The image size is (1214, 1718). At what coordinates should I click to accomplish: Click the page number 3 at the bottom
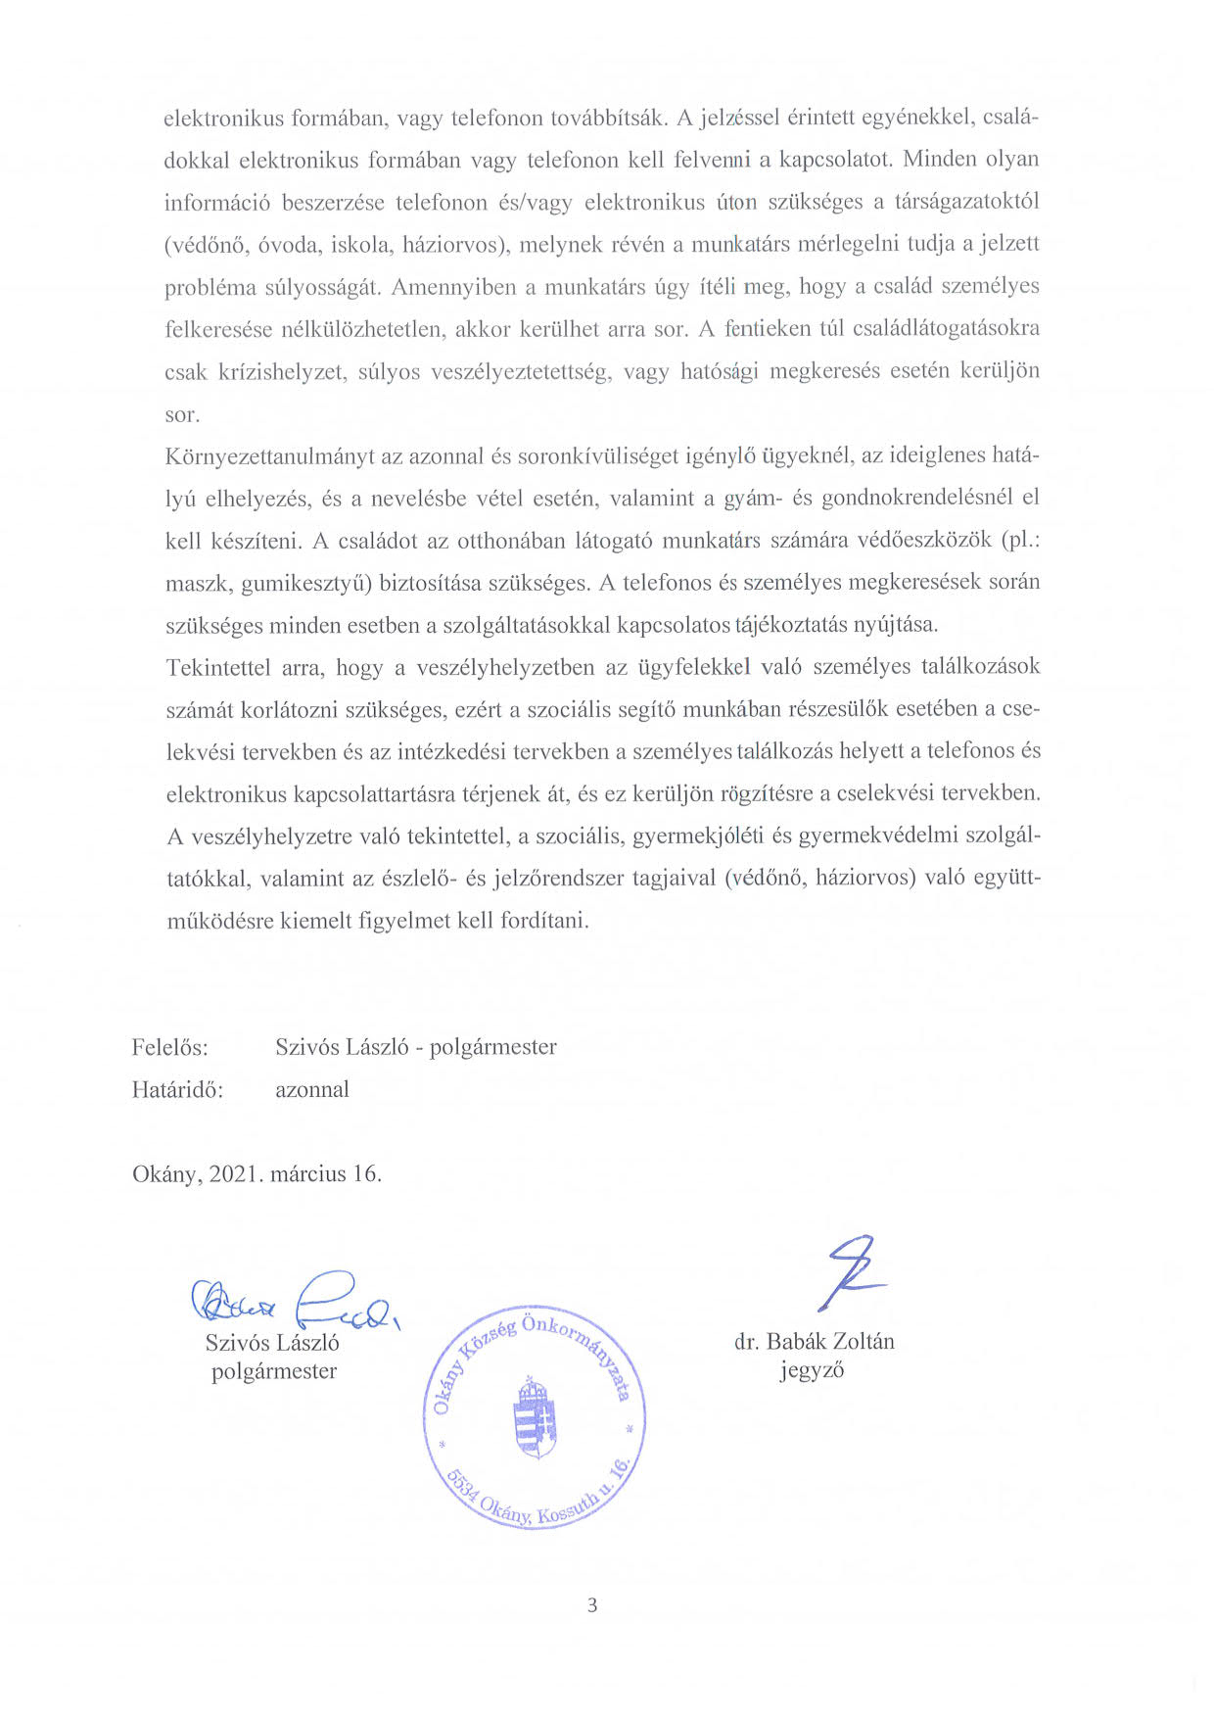[x=591, y=1605]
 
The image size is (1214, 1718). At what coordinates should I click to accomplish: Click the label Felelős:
[x=169, y=1047]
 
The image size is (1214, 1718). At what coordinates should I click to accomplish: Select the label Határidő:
[x=177, y=1090]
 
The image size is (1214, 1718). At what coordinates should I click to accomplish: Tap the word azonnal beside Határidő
[x=311, y=1090]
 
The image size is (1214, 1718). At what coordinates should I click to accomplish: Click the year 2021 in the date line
[x=231, y=1173]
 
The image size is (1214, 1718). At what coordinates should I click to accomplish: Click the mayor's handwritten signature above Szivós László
[x=294, y=1300]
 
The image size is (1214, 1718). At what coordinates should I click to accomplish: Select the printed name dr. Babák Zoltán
[x=814, y=1342]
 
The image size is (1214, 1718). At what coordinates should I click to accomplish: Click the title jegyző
[x=812, y=1370]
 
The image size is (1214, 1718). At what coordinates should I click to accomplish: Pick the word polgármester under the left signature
[x=274, y=1371]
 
